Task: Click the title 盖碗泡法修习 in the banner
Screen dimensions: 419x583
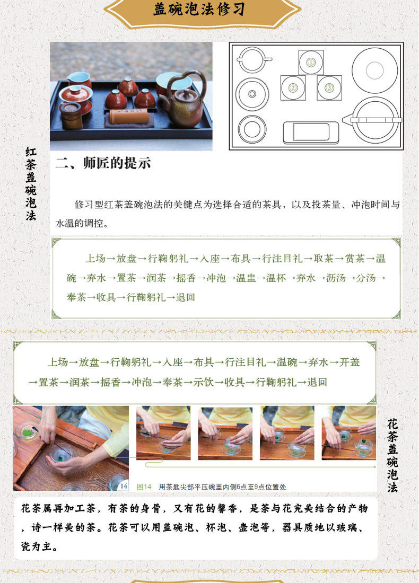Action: (x=199, y=10)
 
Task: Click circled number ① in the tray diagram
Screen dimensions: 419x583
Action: (x=311, y=63)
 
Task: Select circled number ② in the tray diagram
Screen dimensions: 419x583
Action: (x=293, y=88)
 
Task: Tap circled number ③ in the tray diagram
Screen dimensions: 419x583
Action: (x=329, y=88)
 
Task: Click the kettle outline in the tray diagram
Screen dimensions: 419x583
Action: (x=373, y=120)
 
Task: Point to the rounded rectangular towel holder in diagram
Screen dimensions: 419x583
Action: (x=311, y=132)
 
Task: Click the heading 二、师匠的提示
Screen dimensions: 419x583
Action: (x=103, y=163)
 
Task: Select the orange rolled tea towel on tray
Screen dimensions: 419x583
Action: (x=129, y=117)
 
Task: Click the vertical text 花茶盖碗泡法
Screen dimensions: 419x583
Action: (x=392, y=455)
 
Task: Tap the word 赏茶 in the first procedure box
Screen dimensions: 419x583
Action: (x=355, y=259)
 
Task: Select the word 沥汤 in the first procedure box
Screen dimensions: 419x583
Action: (x=336, y=278)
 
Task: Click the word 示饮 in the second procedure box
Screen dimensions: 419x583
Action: (x=203, y=382)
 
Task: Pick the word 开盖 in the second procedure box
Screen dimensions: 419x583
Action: (x=350, y=362)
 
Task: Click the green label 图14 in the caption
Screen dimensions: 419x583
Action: (x=144, y=487)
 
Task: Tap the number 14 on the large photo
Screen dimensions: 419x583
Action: (x=124, y=485)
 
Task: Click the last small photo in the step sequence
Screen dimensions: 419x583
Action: (x=348, y=433)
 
